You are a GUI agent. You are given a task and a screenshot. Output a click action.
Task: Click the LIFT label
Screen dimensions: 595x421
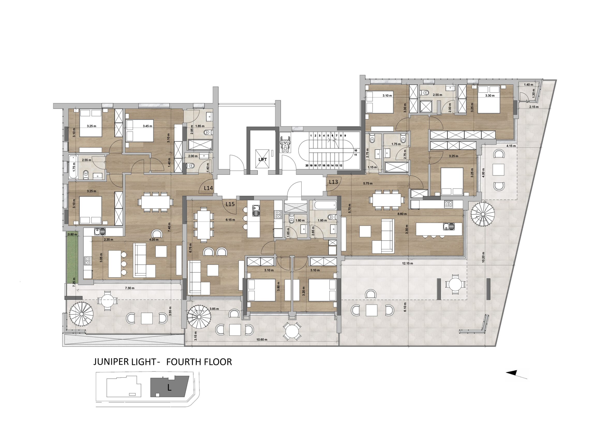(263, 159)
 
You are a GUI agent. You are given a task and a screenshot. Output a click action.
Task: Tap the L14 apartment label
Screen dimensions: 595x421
(208, 188)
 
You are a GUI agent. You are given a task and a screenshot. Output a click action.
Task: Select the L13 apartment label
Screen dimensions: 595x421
(333, 182)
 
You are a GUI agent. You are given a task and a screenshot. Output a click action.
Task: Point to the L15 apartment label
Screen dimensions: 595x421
(230, 204)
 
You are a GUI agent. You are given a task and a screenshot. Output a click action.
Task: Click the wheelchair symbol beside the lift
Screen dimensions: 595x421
(285, 146)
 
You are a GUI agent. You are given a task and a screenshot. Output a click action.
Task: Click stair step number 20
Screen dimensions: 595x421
(307, 165)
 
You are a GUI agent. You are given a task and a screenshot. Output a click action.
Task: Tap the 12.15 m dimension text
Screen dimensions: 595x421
(407, 263)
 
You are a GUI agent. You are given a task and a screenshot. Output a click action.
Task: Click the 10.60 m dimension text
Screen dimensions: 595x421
(262, 339)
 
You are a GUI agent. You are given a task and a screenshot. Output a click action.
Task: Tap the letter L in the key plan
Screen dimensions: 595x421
(169, 395)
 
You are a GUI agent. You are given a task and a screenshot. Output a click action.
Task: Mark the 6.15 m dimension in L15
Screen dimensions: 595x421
(230, 220)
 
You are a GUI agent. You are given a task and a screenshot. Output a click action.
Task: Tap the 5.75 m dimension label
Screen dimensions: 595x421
(368, 183)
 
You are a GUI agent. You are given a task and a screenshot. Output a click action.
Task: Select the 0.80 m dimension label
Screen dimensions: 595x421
(72, 235)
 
